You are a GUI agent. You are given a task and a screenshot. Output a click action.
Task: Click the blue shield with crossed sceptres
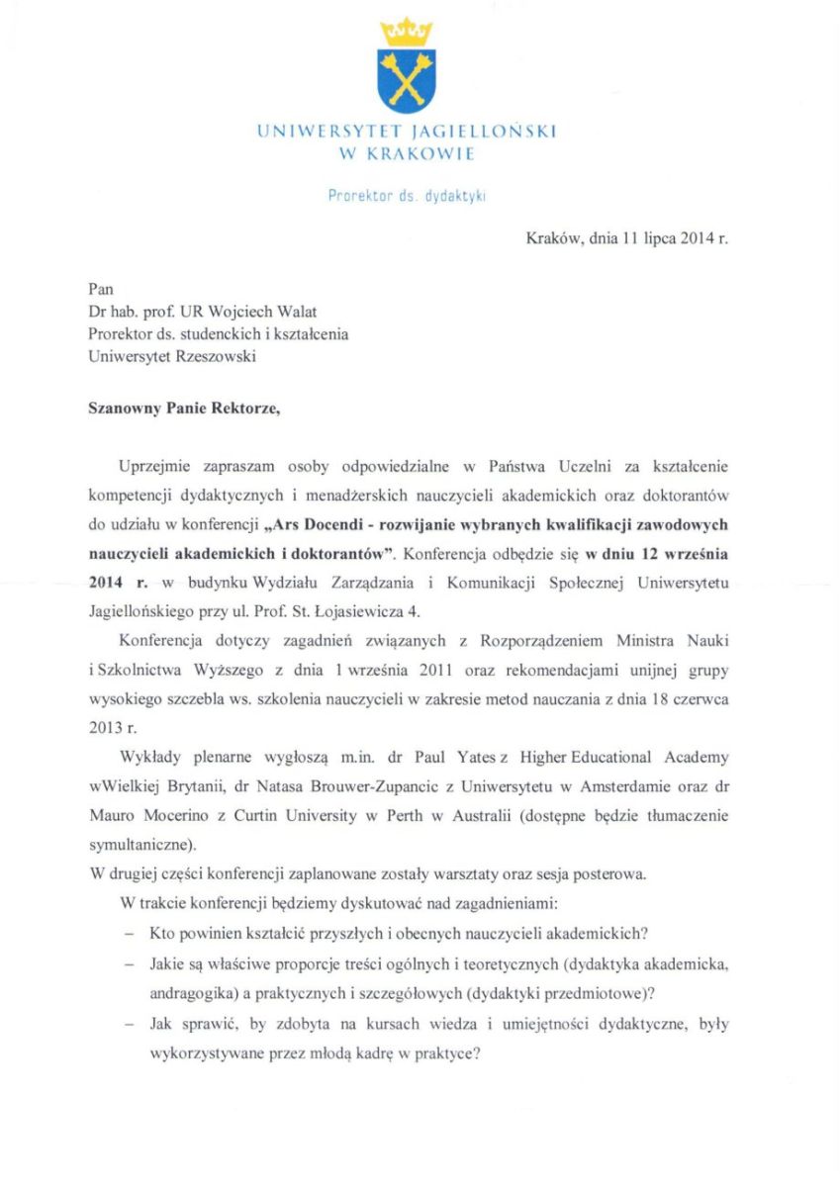click(x=406, y=80)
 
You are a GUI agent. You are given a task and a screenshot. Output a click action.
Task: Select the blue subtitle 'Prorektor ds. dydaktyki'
click(x=406, y=196)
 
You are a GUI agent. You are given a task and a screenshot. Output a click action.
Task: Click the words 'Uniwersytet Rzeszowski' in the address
click(x=171, y=357)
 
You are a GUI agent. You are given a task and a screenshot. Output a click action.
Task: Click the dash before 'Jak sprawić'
click(x=128, y=1025)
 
